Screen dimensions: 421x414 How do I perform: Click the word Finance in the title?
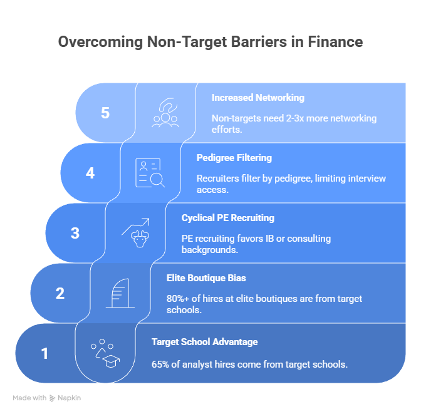pyautogui.click(x=335, y=42)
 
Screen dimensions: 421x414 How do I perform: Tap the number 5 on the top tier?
pyautogui.click(x=105, y=113)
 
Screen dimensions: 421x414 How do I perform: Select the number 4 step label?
pyautogui.click(x=90, y=173)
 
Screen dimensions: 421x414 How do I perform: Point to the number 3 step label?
pyautogui.click(x=75, y=233)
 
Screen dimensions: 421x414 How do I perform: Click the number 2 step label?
pyautogui.click(x=60, y=293)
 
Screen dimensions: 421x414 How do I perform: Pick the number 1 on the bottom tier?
pyautogui.click(x=44, y=353)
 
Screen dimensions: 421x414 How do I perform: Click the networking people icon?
pyautogui.click(x=165, y=113)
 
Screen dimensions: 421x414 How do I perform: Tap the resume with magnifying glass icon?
pyautogui.click(x=150, y=173)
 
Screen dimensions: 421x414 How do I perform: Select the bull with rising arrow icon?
pyautogui.click(x=135, y=233)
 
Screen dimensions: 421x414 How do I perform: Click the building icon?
pyautogui.click(x=120, y=293)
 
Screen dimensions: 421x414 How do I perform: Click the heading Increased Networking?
pyautogui.click(x=258, y=98)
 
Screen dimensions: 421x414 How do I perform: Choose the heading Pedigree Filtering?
pyautogui.click(x=234, y=158)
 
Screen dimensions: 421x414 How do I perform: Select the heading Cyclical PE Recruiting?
pyautogui.click(x=228, y=218)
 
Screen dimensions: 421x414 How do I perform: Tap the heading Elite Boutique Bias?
pyautogui.click(x=206, y=278)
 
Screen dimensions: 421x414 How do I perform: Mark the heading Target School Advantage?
pyautogui.click(x=205, y=342)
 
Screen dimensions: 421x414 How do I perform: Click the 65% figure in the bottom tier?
pyautogui.click(x=160, y=365)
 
